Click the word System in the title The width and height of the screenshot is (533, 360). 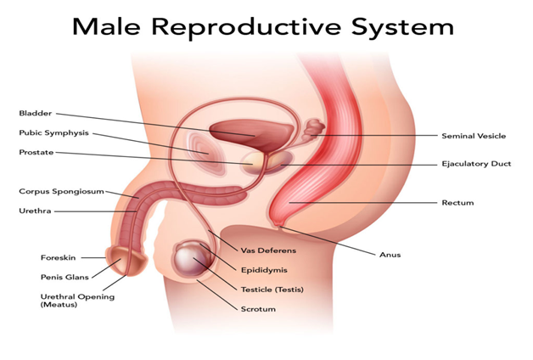click(x=402, y=27)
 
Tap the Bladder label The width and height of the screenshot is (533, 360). click(x=36, y=113)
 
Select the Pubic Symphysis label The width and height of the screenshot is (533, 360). click(x=53, y=133)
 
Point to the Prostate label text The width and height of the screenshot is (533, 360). click(x=36, y=152)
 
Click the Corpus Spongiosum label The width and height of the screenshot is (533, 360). click(x=61, y=191)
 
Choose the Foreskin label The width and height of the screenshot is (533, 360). click(x=58, y=257)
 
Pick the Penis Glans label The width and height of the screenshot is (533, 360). click(x=65, y=277)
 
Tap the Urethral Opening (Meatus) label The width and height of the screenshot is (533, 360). click(x=77, y=301)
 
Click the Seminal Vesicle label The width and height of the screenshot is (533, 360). click(x=474, y=136)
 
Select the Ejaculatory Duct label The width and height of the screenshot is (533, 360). click(x=476, y=164)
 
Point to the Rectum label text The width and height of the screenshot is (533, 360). click(x=457, y=203)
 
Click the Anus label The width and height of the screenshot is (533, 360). click(x=390, y=255)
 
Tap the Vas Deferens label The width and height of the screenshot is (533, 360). click(x=268, y=250)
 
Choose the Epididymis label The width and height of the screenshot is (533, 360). click(x=264, y=270)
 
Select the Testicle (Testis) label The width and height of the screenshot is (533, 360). click(x=272, y=290)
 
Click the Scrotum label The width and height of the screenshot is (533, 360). click(x=258, y=309)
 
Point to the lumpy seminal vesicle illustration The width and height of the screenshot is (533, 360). click(x=312, y=129)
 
